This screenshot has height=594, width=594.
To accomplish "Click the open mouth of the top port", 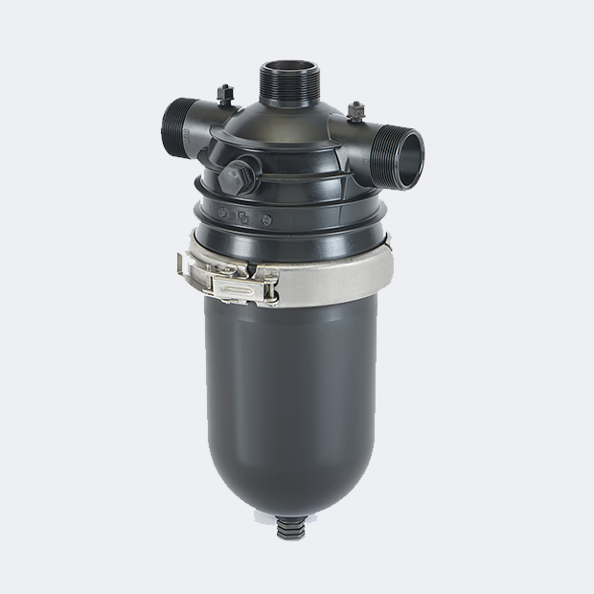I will (x=283, y=69).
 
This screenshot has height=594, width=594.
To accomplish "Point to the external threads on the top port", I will (x=283, y=89).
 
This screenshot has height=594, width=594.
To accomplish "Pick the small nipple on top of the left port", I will (x=224, y=92).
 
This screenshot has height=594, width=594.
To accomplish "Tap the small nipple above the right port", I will (x=355, y=110).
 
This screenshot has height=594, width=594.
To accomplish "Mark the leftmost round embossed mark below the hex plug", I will (x=223, y=213).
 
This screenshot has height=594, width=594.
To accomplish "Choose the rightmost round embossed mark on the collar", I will (x=266, y=219).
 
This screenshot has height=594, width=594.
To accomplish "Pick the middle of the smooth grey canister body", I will (x=291, y=402).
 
